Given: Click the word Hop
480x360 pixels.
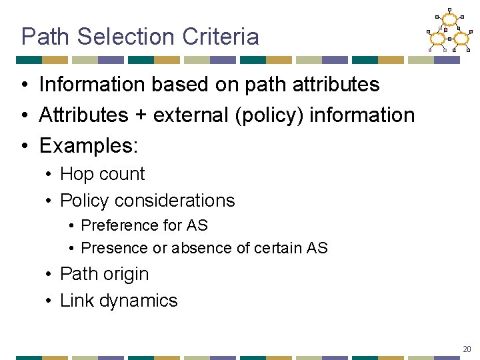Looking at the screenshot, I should pyautogui.click(x=75, y=174).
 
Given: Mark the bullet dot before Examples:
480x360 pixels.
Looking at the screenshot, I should pyautogui.click(x=23, y=146).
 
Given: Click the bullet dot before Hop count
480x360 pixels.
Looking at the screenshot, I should pyautogui.click(x=50, y=174).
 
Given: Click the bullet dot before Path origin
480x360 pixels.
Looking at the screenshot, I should pyautogui.click(x=50, y=274).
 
